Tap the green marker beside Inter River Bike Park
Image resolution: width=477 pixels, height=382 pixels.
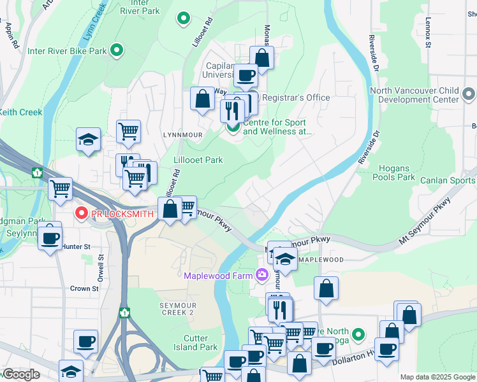(117, 50)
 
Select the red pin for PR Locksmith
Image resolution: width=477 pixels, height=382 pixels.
(82, 214)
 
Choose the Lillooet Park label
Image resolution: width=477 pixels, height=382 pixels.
(198, 160)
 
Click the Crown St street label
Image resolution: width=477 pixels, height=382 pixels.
(84, 288)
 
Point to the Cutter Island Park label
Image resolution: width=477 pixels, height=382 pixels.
(191, 343)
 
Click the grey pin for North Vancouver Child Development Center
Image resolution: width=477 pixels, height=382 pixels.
(469, 95)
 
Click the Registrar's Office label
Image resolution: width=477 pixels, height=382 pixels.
(295, 97)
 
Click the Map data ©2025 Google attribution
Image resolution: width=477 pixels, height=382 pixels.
(437, 377)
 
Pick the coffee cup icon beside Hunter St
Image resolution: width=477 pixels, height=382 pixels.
(49, 237)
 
